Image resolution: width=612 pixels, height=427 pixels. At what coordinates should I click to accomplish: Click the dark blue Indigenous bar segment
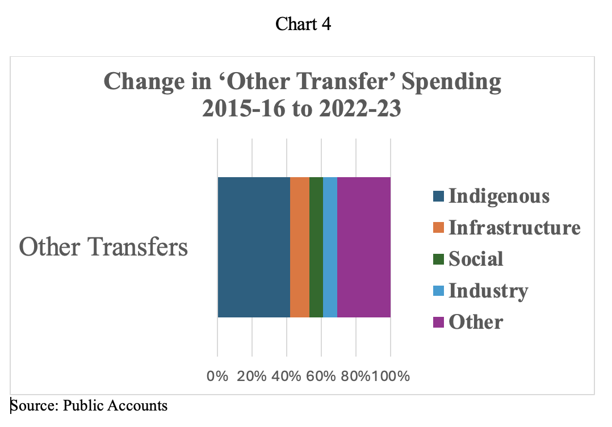tap(254, 247)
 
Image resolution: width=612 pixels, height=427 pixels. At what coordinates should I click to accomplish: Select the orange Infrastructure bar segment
tap(300, 247)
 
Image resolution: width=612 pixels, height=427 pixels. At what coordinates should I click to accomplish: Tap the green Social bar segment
tap(316, 247)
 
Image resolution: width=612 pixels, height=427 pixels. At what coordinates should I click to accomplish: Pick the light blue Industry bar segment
tap(330, 247)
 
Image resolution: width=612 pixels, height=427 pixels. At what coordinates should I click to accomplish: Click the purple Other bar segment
tap(364, 247)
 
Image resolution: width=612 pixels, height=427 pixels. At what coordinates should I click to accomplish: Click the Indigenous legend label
tap(499, 196)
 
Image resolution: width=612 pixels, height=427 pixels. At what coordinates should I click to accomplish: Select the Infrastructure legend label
tap(514, 228)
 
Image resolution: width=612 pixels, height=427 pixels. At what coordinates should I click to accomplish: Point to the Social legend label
tap(476, 259)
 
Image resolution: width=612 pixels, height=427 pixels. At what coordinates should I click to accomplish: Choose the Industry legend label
tap(488, 291)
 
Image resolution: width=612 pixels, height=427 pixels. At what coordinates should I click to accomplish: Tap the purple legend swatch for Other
tap(438, 323)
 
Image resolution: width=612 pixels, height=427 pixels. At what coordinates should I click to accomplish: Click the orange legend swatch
tap(438, 228)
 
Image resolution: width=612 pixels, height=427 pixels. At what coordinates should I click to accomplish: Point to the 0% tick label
tap(217, 376)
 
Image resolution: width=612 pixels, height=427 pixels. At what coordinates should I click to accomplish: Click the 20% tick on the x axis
tap(251, 376)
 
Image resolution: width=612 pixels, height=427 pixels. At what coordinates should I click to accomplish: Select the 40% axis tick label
tap(287, 376)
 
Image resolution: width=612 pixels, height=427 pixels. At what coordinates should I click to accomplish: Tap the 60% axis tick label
tap(321, 376)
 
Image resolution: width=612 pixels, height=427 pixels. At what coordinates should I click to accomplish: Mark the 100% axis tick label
tap(391, 376)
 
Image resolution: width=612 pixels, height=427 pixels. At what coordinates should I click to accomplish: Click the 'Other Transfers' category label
tap(103, 247)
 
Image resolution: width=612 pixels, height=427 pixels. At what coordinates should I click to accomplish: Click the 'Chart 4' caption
tap(303, 24)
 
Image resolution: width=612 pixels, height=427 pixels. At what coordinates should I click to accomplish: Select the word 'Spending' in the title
tap(451, 82)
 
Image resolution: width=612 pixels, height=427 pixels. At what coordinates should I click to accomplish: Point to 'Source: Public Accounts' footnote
tap(89, 405)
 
